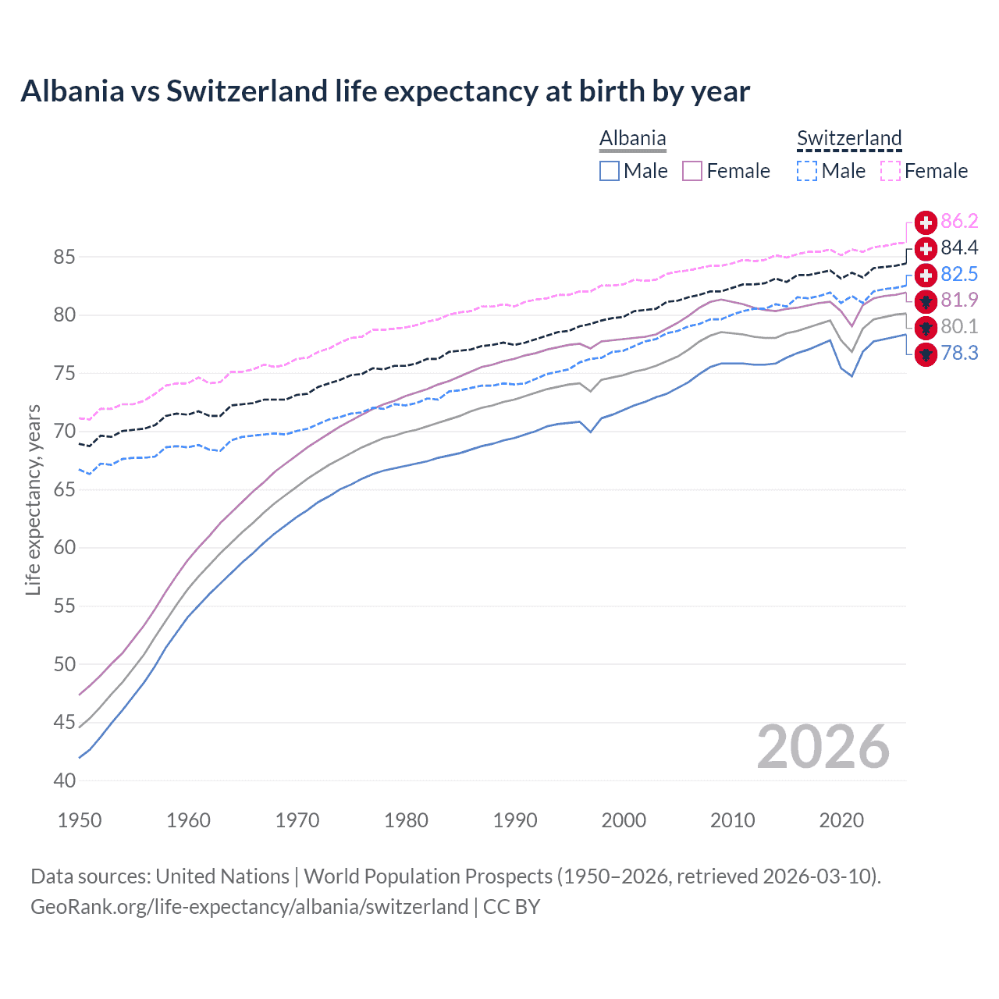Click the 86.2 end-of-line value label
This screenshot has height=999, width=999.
tap(959, 222)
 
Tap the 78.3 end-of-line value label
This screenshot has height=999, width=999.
tap(959, 353)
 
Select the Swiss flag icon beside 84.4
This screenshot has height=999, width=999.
tap(926, 248)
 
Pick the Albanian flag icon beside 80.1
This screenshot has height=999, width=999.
tap(926, 327)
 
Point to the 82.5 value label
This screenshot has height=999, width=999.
tap(959, 274)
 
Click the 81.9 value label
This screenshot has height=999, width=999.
tap(959, 300)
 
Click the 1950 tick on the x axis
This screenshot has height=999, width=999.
tap(80, 820)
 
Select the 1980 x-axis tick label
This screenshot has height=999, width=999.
tap(406, 820)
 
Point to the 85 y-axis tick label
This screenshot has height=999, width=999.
tap(65, 257)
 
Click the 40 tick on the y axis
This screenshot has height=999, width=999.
tap(65, 780)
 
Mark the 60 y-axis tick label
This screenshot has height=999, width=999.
tap(65, 548)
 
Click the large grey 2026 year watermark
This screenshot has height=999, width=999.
tap(823, 748)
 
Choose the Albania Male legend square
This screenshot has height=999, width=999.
tap(610, 171)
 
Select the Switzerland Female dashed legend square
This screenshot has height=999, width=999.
tap(891, 171)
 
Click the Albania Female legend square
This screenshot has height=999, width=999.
tap(692, 171)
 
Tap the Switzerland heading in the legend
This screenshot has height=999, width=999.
tap(849, 138)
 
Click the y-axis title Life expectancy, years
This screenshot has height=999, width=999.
tap(33, 499)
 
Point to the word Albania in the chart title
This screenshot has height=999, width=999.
tap(72, 91)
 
